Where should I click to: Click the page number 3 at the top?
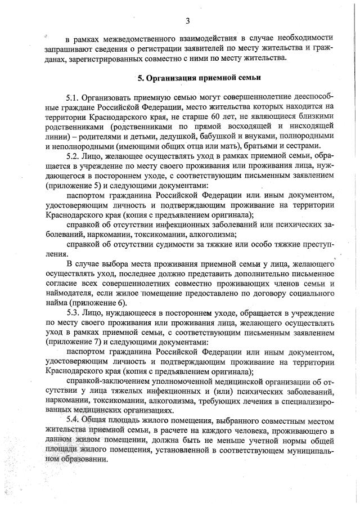point(188,21)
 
